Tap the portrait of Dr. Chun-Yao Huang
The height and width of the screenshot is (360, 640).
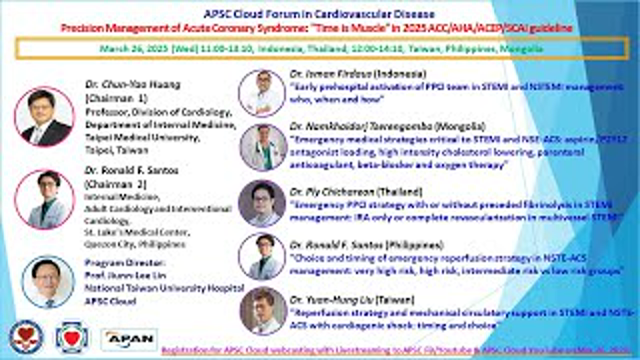(44, 117)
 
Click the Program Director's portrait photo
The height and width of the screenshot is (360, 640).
(44, 281)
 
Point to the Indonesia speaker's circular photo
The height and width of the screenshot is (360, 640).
(263, 92)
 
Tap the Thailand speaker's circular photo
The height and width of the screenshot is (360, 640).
(263, 201)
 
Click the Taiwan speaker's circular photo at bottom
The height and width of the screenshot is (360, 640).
(263, 309)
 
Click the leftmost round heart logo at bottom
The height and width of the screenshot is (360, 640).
(23, 336)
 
